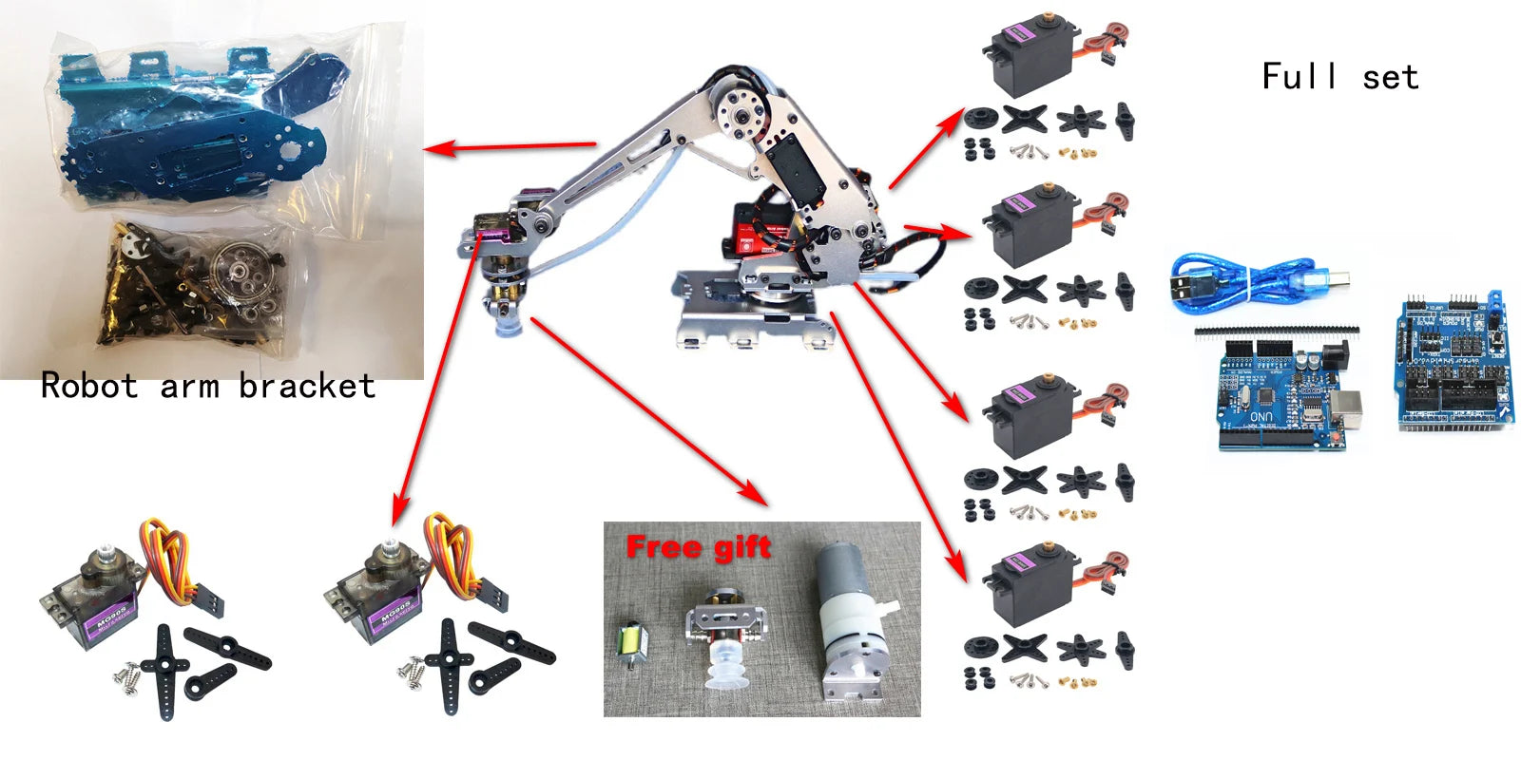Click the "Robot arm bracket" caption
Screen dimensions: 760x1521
click(207, 386)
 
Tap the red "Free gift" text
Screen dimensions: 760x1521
click(699, 547)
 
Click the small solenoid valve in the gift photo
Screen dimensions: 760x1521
click(630, 645)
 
